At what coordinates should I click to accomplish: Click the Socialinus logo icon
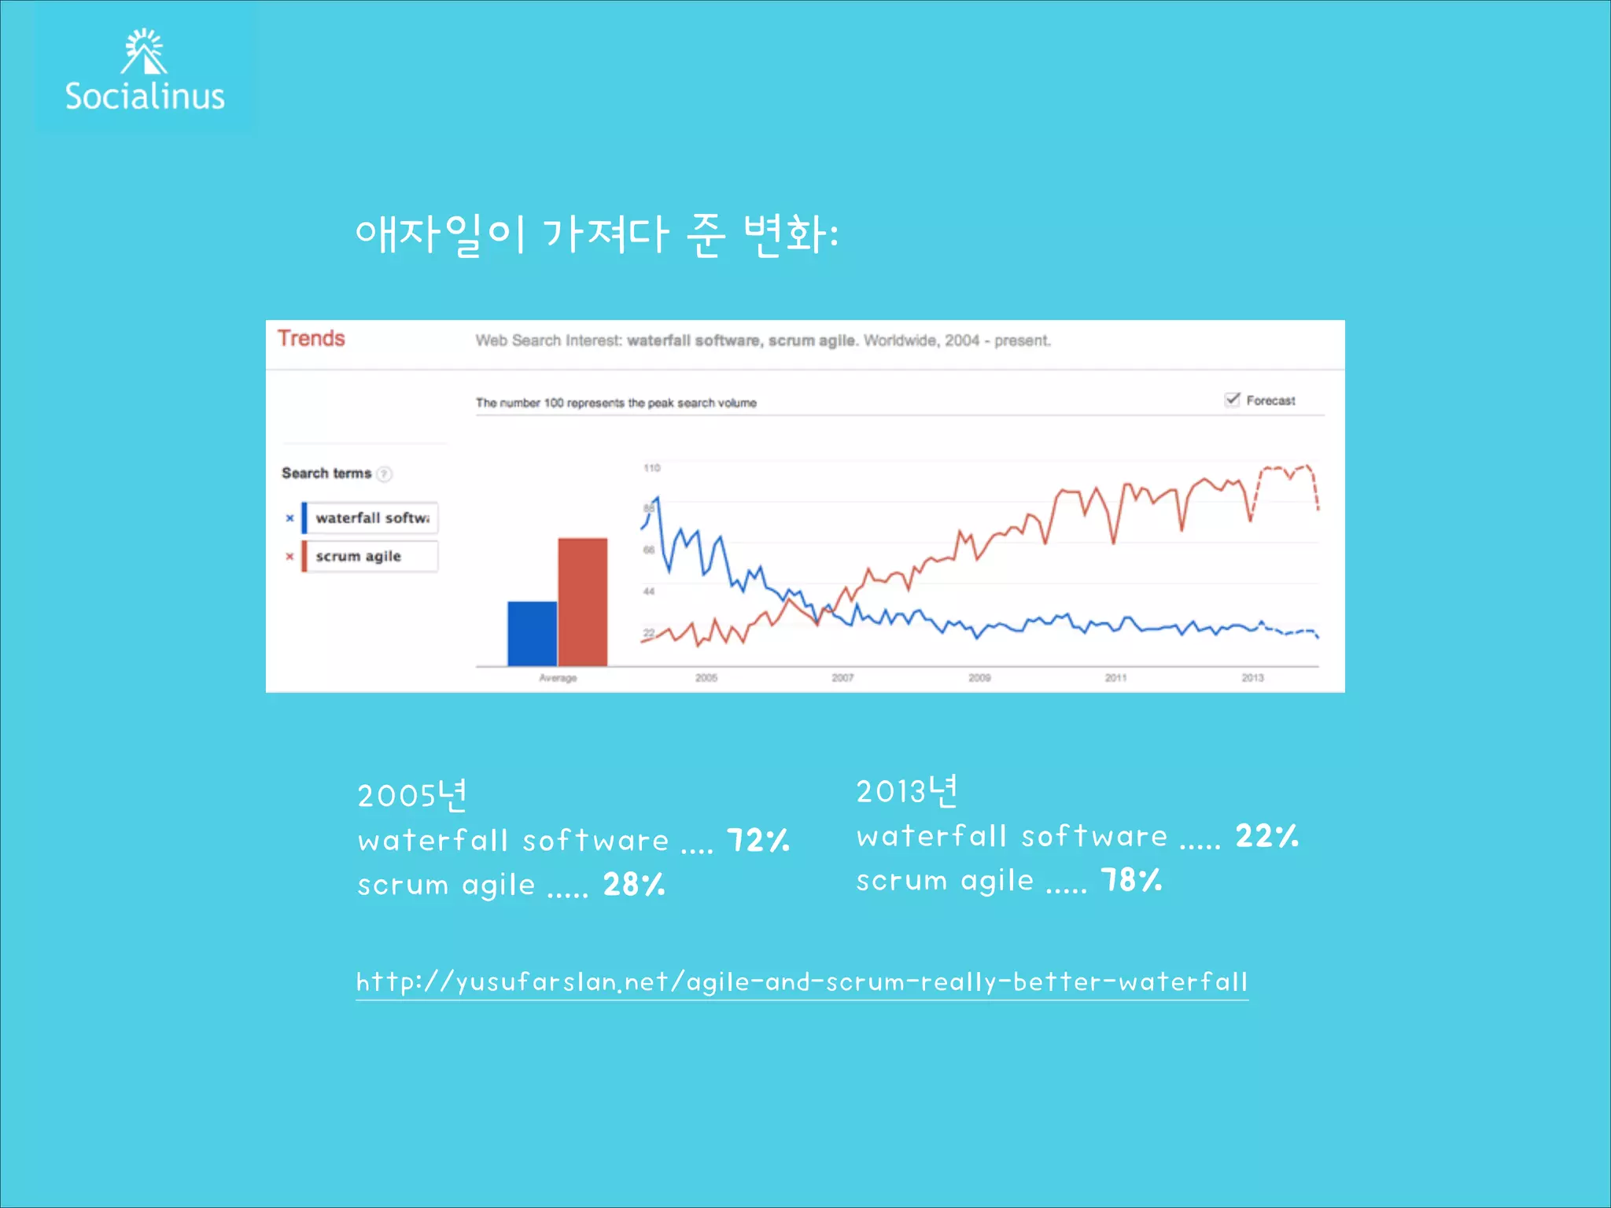(145, 52)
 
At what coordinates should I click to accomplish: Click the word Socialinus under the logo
(145, 97)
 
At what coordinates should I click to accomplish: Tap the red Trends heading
(311, 338)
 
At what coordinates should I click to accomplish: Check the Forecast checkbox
(1232, 400)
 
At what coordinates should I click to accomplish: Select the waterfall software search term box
(371, 518)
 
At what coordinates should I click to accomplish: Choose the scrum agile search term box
(371, 556)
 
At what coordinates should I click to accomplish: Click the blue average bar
(532, 634)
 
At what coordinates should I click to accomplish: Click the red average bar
(582, 602)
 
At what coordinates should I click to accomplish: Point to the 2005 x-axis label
(706, 678)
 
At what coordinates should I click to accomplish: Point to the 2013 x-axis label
(1252, 678)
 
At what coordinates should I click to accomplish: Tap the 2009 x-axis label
(979, 678)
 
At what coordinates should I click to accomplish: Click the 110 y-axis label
(652, 468)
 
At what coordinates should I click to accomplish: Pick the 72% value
(758, 840)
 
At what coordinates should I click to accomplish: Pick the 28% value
(634, 885)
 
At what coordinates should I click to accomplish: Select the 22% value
(1266, 835)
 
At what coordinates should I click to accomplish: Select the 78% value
(1131, 880)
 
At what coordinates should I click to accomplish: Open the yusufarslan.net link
(802, 982)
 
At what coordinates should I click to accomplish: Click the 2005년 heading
(412, 795)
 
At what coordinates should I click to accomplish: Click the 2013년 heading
(907, 791)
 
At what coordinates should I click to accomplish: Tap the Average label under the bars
(558, 678)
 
